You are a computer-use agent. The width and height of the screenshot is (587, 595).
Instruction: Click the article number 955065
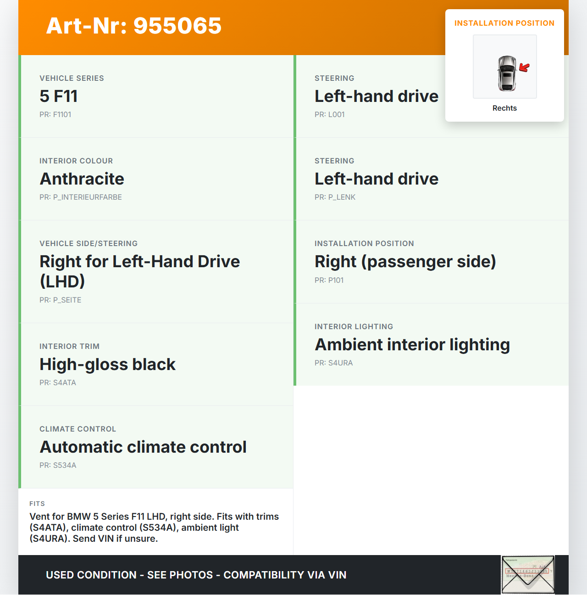click(134, 26)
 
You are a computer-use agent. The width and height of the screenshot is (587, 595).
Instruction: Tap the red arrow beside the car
click(524, 68)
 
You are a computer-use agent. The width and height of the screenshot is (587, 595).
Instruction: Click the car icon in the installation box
click(506, 73)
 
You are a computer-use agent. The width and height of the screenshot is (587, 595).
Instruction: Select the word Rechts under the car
click(504, 108)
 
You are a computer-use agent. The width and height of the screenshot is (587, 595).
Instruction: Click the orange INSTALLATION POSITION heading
click(504, 23)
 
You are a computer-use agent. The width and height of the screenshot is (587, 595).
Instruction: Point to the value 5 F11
click(59, 96)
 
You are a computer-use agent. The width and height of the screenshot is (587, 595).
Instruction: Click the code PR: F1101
click(55, 115)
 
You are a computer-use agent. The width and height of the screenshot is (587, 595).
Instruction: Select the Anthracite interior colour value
click(82, 179)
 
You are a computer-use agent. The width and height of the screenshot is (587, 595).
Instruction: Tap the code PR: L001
click(329, 115)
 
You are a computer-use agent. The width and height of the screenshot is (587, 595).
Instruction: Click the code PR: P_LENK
click(335, 197)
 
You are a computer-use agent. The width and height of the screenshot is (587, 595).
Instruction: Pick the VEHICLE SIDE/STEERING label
click(89, 244)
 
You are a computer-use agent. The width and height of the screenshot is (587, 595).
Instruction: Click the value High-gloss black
click(107, 365)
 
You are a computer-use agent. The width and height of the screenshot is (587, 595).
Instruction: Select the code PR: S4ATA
click(58, 383)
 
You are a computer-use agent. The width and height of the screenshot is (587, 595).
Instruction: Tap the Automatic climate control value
click(143, 447)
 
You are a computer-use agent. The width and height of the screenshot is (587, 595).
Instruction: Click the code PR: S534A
click(58, 466)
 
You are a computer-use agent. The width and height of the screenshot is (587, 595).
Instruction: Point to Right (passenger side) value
click(405, 262)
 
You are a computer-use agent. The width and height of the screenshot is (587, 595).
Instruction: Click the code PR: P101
click(329, 281)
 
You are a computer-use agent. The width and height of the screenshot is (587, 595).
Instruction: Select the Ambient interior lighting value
click(412, 345)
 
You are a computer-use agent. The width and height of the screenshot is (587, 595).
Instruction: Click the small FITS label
click(37, 504)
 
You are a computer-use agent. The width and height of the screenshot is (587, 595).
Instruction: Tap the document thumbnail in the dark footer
click(528, 574)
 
